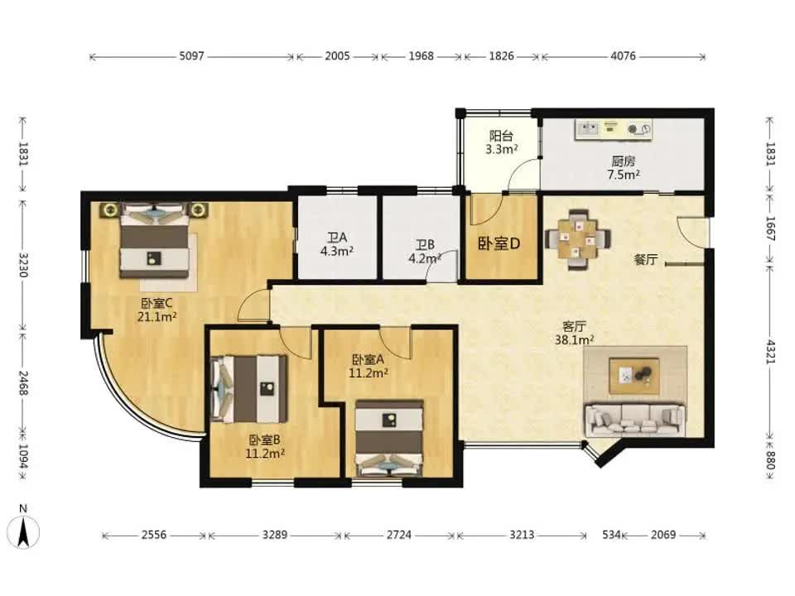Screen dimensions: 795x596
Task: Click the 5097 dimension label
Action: click(x=191, y=55)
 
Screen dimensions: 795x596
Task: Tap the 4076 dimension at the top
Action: click(x=623, y=55)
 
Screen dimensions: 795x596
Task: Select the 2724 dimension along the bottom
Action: click(x=399, y=535)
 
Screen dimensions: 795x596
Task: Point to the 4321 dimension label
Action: click(x=771, y=352)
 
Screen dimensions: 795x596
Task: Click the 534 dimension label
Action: click(x=611, y=535)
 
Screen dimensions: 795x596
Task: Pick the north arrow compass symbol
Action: click(x=23, y=527)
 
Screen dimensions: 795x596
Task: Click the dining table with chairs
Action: click(x=577, y=239)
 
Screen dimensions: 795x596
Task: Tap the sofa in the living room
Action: click(x=635, y=420)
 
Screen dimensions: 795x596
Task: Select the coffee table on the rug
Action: click(x=634, y=376)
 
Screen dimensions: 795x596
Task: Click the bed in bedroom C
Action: click(x=154, y=241)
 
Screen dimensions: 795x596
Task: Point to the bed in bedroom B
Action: click(x=249, y=389)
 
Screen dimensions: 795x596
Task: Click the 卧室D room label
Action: click(x=499, y=243)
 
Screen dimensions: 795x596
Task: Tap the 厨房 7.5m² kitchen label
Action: click(x=623, y=168)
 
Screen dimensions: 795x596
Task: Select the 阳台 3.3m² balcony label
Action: click(x=502, y=142)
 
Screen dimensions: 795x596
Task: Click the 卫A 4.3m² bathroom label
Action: click(x=337, y=244)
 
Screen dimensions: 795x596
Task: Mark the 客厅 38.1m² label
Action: click(x=575, y=333)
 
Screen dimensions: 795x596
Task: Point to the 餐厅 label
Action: click(x=646, y=259)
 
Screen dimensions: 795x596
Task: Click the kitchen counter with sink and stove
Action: click(x=614, y=129)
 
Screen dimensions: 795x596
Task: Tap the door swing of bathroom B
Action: click(x=442, y=265)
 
